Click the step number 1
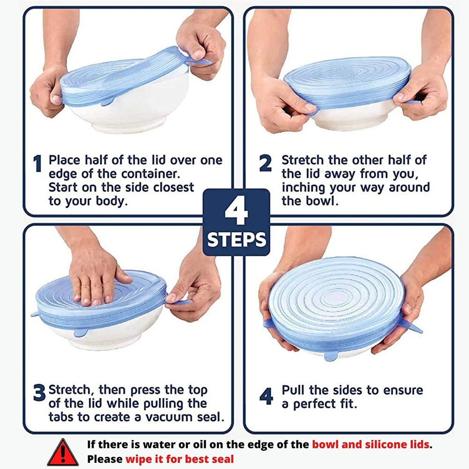tap(37, 164)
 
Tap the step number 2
tap(265, 164)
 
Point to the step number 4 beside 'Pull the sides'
tap(266, 396)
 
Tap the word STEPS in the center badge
tap(237, 240)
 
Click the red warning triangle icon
tap(63, 453)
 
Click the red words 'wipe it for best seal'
tap(179, 459)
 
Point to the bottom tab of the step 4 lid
tap(331, 357)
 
